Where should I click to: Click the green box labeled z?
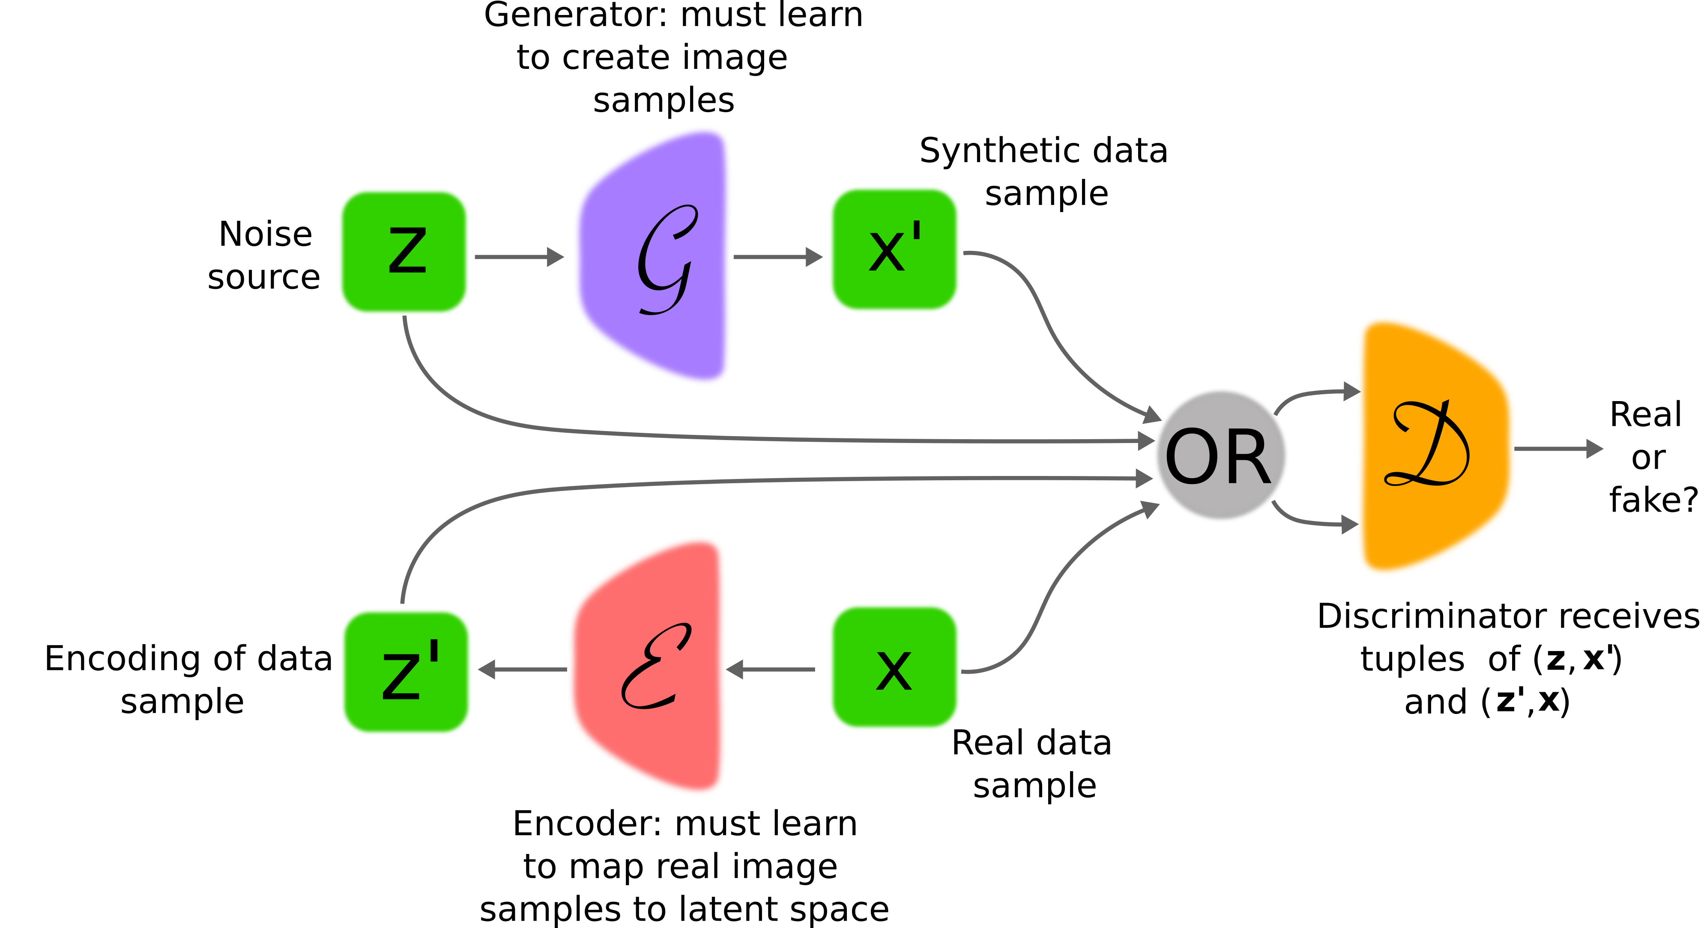point(404,251)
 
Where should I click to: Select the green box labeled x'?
point(894,250)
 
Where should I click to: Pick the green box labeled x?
point(894,666)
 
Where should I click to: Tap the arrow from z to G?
point(518,257)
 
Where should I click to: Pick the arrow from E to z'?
point(522,669)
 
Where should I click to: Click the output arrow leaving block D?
point(1558,449)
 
